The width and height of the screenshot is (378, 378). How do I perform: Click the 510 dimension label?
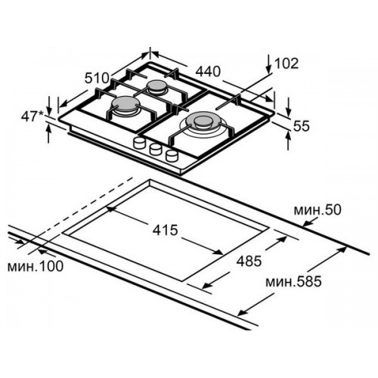[97, 78]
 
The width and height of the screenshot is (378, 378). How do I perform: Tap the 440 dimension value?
[208, 71]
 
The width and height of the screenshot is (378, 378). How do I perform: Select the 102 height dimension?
[287, 63]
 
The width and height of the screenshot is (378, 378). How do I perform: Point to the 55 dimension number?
[301, 125]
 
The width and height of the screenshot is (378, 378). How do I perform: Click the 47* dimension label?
[33, 116]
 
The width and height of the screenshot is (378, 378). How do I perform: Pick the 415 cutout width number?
[165, 230]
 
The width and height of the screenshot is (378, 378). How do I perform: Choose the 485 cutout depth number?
[249, 261]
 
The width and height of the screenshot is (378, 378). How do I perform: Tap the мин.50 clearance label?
[318, 209]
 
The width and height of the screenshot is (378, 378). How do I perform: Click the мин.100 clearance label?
[36, 266]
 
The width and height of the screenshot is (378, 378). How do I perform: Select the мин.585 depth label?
[293, 281]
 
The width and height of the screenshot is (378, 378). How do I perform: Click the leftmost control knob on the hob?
[138, 142]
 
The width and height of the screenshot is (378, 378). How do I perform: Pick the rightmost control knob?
[172, 155]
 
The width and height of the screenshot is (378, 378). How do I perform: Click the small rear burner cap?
[157, 85]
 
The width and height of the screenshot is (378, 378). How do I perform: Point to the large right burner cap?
[203, 120]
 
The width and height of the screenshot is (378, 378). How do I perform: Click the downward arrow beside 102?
[269, 64]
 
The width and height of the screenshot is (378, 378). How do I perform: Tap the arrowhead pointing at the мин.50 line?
[308, 222]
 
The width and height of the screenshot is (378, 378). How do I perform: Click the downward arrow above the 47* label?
[48, 106]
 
